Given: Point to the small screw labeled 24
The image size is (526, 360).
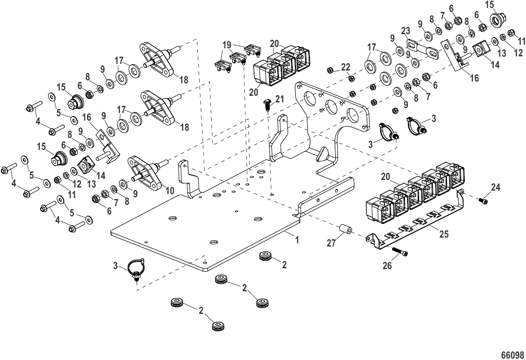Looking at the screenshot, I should tap(483, 201).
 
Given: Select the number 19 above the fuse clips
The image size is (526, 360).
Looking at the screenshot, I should tap(226, 45).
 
